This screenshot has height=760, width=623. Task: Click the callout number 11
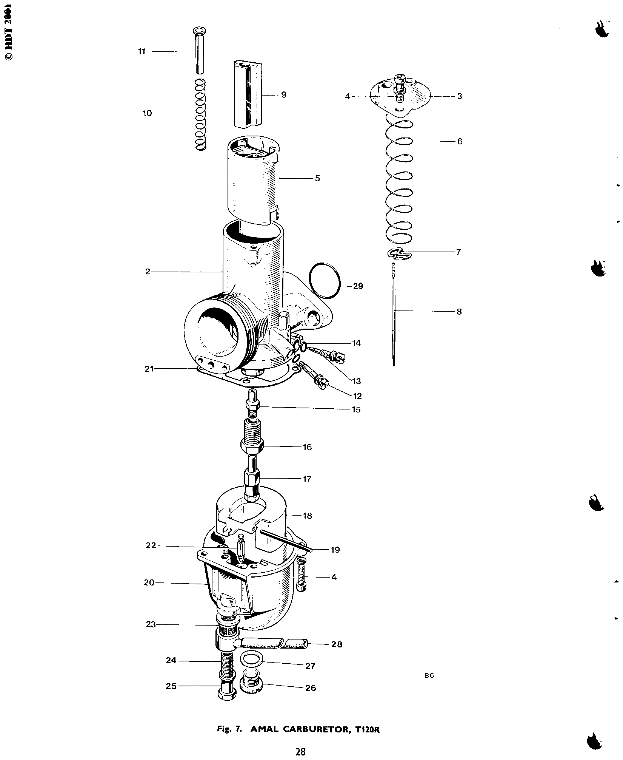click(142, 52)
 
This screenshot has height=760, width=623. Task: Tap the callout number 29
click(358, 286)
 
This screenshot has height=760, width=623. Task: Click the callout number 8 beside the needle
click(459, 312)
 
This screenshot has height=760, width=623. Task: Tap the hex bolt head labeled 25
click(227, 694)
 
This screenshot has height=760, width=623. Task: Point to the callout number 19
click(335, 550)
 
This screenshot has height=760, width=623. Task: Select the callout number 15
click(356, 409)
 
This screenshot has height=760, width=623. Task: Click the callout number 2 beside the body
click(148, 272)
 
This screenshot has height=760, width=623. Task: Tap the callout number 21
click(149, 369)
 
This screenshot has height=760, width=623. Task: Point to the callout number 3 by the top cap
click(459, 96)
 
